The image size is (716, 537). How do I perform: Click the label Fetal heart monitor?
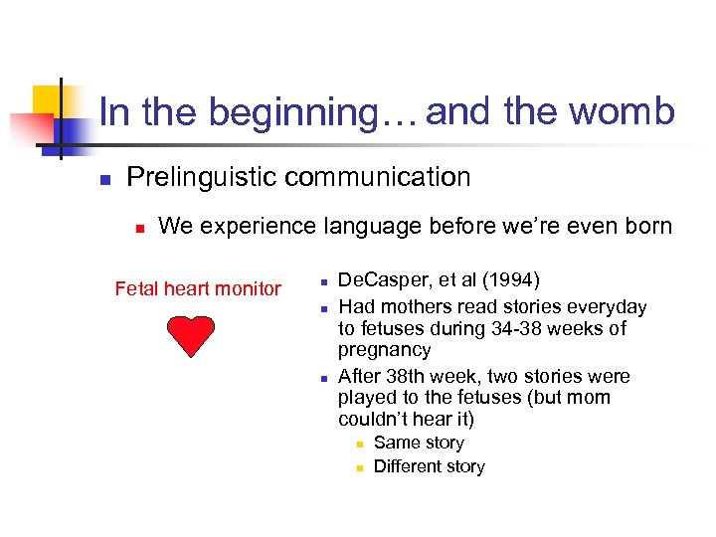pyautogui.click(x=198, y=288)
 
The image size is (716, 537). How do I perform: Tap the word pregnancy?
pyautogui.click(x=384, y=350)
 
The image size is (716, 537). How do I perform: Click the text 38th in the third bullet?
pyautogui.click(x=404, y=376)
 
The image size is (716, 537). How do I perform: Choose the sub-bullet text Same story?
pyautogui.click(x=419, y=443)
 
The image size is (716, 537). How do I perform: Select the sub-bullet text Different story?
pyautogui.click(x=429, y=466)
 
